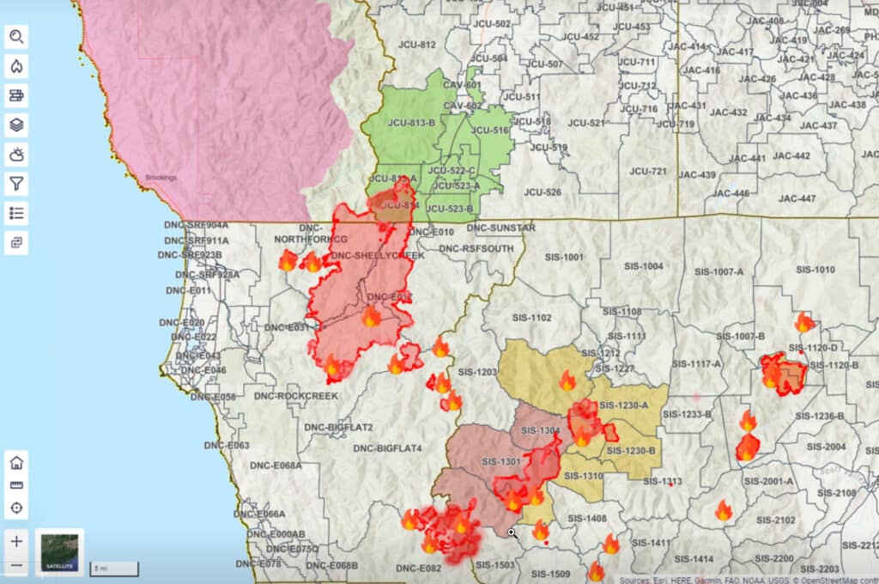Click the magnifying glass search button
[16, 37]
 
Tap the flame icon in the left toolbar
[16, 66]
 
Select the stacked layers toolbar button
[16, 125]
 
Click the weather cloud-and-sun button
[16, 155]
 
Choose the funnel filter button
[16, 183]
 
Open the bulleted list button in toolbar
[16, 212]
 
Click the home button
[16, 462]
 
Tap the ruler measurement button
[16, 484]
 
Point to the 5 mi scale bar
[114, 568]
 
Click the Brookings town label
[161, 177]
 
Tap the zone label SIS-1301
[501, 462]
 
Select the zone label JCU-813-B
[414, 123]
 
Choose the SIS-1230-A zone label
[623, 405]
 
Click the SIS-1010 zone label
[815, 270]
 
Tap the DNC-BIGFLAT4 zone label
[387, 447]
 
